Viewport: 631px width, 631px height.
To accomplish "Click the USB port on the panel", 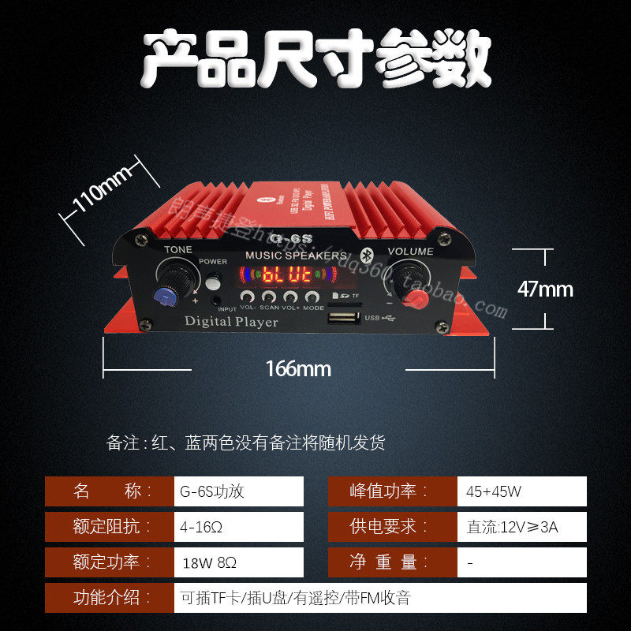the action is (345, 319).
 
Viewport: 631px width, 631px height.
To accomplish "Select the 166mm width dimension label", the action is (298, 368).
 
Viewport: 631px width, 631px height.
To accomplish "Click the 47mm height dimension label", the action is (545, 289).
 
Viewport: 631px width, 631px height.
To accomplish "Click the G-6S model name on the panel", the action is (285, 238).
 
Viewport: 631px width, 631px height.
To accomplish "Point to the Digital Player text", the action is (231, 321).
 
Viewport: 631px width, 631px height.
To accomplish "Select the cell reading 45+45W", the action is (521, 491).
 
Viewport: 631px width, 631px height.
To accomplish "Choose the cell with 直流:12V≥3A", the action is (521, 527).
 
